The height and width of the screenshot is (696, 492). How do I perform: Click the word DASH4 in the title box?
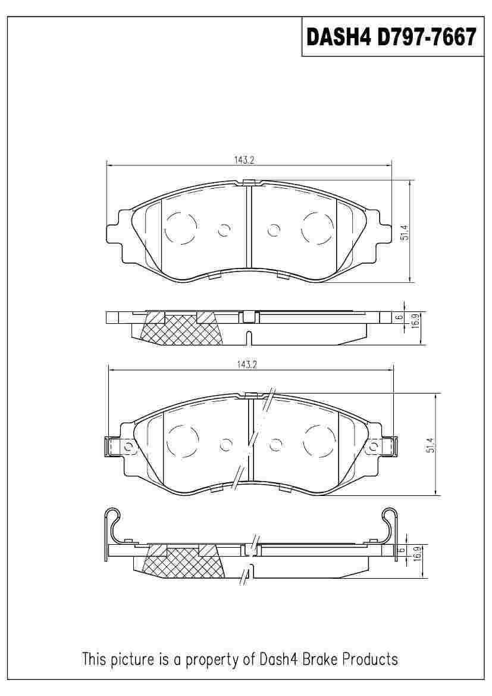[x=337, y=37]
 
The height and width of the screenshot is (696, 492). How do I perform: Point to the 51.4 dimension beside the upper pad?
[x=405, y=232]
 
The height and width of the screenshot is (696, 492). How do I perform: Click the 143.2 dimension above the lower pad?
[x=246, y=365]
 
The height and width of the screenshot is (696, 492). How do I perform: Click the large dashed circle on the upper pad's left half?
[x=180, y=228]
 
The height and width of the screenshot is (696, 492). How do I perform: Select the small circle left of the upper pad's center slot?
[x=224, y=229]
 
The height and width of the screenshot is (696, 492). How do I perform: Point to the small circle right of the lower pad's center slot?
[x=275, y=444]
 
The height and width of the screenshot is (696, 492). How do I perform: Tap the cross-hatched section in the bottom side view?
[x=184, y=563]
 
